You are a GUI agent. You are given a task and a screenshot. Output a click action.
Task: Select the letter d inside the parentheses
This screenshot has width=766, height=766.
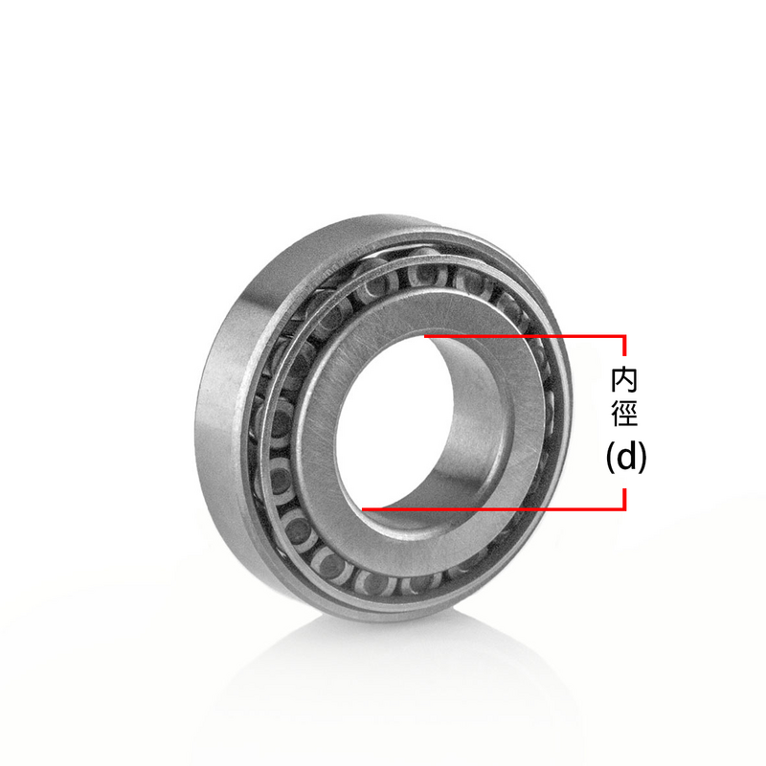click(x=626, y=458)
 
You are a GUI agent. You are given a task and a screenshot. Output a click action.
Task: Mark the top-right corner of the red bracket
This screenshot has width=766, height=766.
click(x=625, y=336)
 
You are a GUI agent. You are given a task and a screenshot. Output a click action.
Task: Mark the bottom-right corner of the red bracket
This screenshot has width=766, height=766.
click(x=625, y=508)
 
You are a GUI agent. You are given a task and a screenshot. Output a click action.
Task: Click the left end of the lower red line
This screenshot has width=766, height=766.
click(x=365, y=508)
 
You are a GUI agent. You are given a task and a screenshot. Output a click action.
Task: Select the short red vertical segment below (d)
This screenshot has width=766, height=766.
click(x=625, y=497)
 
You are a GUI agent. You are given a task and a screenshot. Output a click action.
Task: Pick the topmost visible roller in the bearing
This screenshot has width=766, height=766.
click(x=421, y=273)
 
